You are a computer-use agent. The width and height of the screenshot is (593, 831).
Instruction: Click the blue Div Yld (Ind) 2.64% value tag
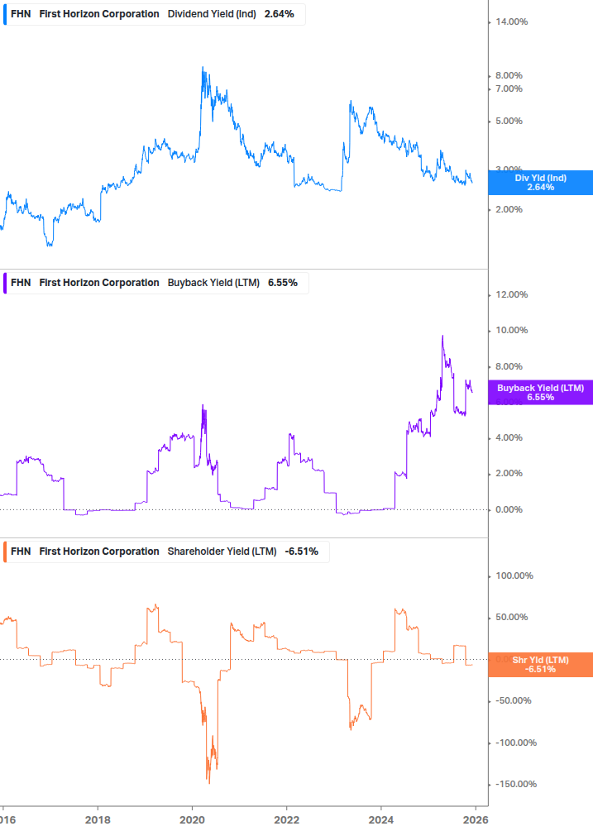coord(540,182)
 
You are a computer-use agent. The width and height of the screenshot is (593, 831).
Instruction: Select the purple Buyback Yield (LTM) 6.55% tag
coord(540,392)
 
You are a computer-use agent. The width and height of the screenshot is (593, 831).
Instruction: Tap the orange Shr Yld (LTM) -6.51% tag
coord(540,664)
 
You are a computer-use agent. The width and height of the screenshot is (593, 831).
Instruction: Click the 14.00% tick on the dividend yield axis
coord(511,22)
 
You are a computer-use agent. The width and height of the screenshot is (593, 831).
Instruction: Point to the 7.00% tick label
coord(509,88)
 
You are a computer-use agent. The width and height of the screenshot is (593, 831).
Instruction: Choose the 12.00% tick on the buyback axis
coord(511,295)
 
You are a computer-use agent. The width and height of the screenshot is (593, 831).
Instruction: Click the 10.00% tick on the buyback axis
coord(511,331)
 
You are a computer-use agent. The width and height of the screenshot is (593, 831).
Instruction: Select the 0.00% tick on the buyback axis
coord(509,509)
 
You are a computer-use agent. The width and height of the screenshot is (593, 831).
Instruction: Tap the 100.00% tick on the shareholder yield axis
coord(514,575)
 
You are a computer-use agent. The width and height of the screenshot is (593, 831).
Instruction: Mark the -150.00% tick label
coord(514,784)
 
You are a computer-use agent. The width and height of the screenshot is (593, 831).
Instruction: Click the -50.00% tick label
coord(512,700)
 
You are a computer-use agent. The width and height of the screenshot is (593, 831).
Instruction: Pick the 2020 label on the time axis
coord(192,819)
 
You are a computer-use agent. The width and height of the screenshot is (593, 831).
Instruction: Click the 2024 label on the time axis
coord(380,819)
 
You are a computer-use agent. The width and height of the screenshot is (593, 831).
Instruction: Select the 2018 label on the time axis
coord(98,819)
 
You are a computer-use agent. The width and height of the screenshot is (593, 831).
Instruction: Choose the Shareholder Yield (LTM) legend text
coord(222,552)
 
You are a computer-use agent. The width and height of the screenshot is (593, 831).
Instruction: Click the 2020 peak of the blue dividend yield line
coord(203,68)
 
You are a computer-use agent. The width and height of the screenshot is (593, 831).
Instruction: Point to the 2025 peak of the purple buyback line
coord(442,336)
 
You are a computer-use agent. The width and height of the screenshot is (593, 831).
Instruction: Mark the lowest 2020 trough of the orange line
coord(208,783)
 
